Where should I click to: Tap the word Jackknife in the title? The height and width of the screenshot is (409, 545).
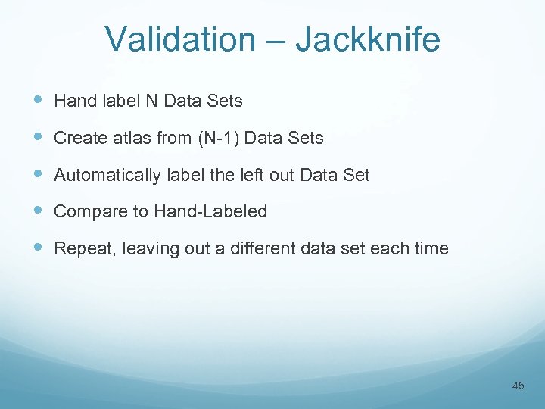pyautogui.click(x=367, y=39)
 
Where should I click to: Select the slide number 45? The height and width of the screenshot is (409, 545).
pyautogui.click(x=518, y=386)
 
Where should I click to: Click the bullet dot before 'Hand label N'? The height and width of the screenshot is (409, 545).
pyautogui.click(x=39, y=100)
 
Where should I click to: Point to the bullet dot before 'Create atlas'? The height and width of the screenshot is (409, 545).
pyautogui.click(x=39, y=137)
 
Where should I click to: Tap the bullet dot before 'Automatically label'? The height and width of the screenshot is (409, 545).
pyautogui.click(x=39, y=174)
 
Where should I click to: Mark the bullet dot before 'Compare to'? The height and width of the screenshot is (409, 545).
pyautogui.click(x=39, y=211)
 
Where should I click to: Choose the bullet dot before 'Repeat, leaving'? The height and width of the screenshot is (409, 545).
pyautogui.click(x=39, y=248)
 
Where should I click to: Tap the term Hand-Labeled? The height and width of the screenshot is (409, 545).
pyautogui.click(x=210, y=212)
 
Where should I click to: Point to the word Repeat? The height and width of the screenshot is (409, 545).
pyautogui.click(x=80, y=248)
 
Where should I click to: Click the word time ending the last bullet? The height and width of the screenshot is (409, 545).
pyautogui.click(x=431, y=248)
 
